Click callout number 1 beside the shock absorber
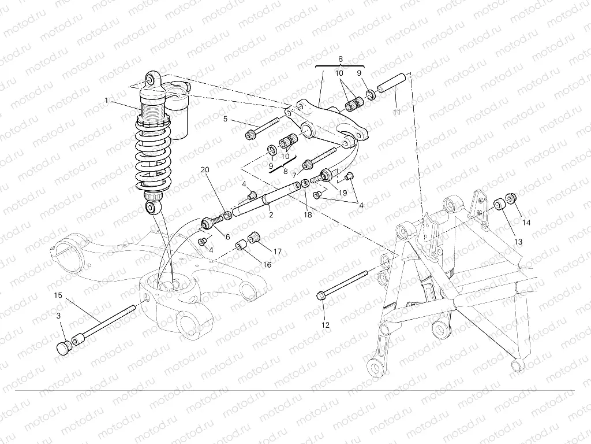click(x=107, y=101)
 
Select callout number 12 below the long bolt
click(x=326, y=325)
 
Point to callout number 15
click(x=58, y=295)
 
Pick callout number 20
click(x=204, y=170)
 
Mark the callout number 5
click(x=226, y=120)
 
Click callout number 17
click(x=278, y=251)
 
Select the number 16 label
click(x=267, y=264)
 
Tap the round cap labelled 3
click(x=63, y=347)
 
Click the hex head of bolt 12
click(x=321, y=297)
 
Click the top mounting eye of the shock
click(x=152, y=79)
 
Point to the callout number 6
click(x=227, y=237)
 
